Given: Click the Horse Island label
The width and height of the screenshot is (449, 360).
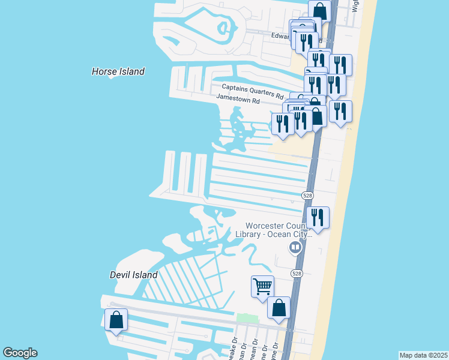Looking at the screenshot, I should click(118, 71).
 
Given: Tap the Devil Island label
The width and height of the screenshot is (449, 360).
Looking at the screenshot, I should click(133, 275).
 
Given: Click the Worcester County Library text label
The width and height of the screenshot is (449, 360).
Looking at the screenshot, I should click(280, 230).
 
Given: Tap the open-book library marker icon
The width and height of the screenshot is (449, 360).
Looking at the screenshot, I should click(295, 247).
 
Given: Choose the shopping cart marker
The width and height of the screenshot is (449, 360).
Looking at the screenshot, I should click(262, 287).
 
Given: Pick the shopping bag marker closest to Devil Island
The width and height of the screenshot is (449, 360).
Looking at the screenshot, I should click(116, 319).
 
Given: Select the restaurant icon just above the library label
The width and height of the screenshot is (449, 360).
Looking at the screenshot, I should click(318, 217).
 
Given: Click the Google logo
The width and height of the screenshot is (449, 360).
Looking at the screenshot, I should click(20, 353).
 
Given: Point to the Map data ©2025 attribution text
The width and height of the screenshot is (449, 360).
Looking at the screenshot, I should click(423, 355).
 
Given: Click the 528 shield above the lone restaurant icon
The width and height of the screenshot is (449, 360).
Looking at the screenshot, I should click(307, 196).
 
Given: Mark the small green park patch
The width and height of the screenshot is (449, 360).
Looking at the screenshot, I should click(243, 317).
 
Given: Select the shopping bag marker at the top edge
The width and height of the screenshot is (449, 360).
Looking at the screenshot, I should click(320, 10).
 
